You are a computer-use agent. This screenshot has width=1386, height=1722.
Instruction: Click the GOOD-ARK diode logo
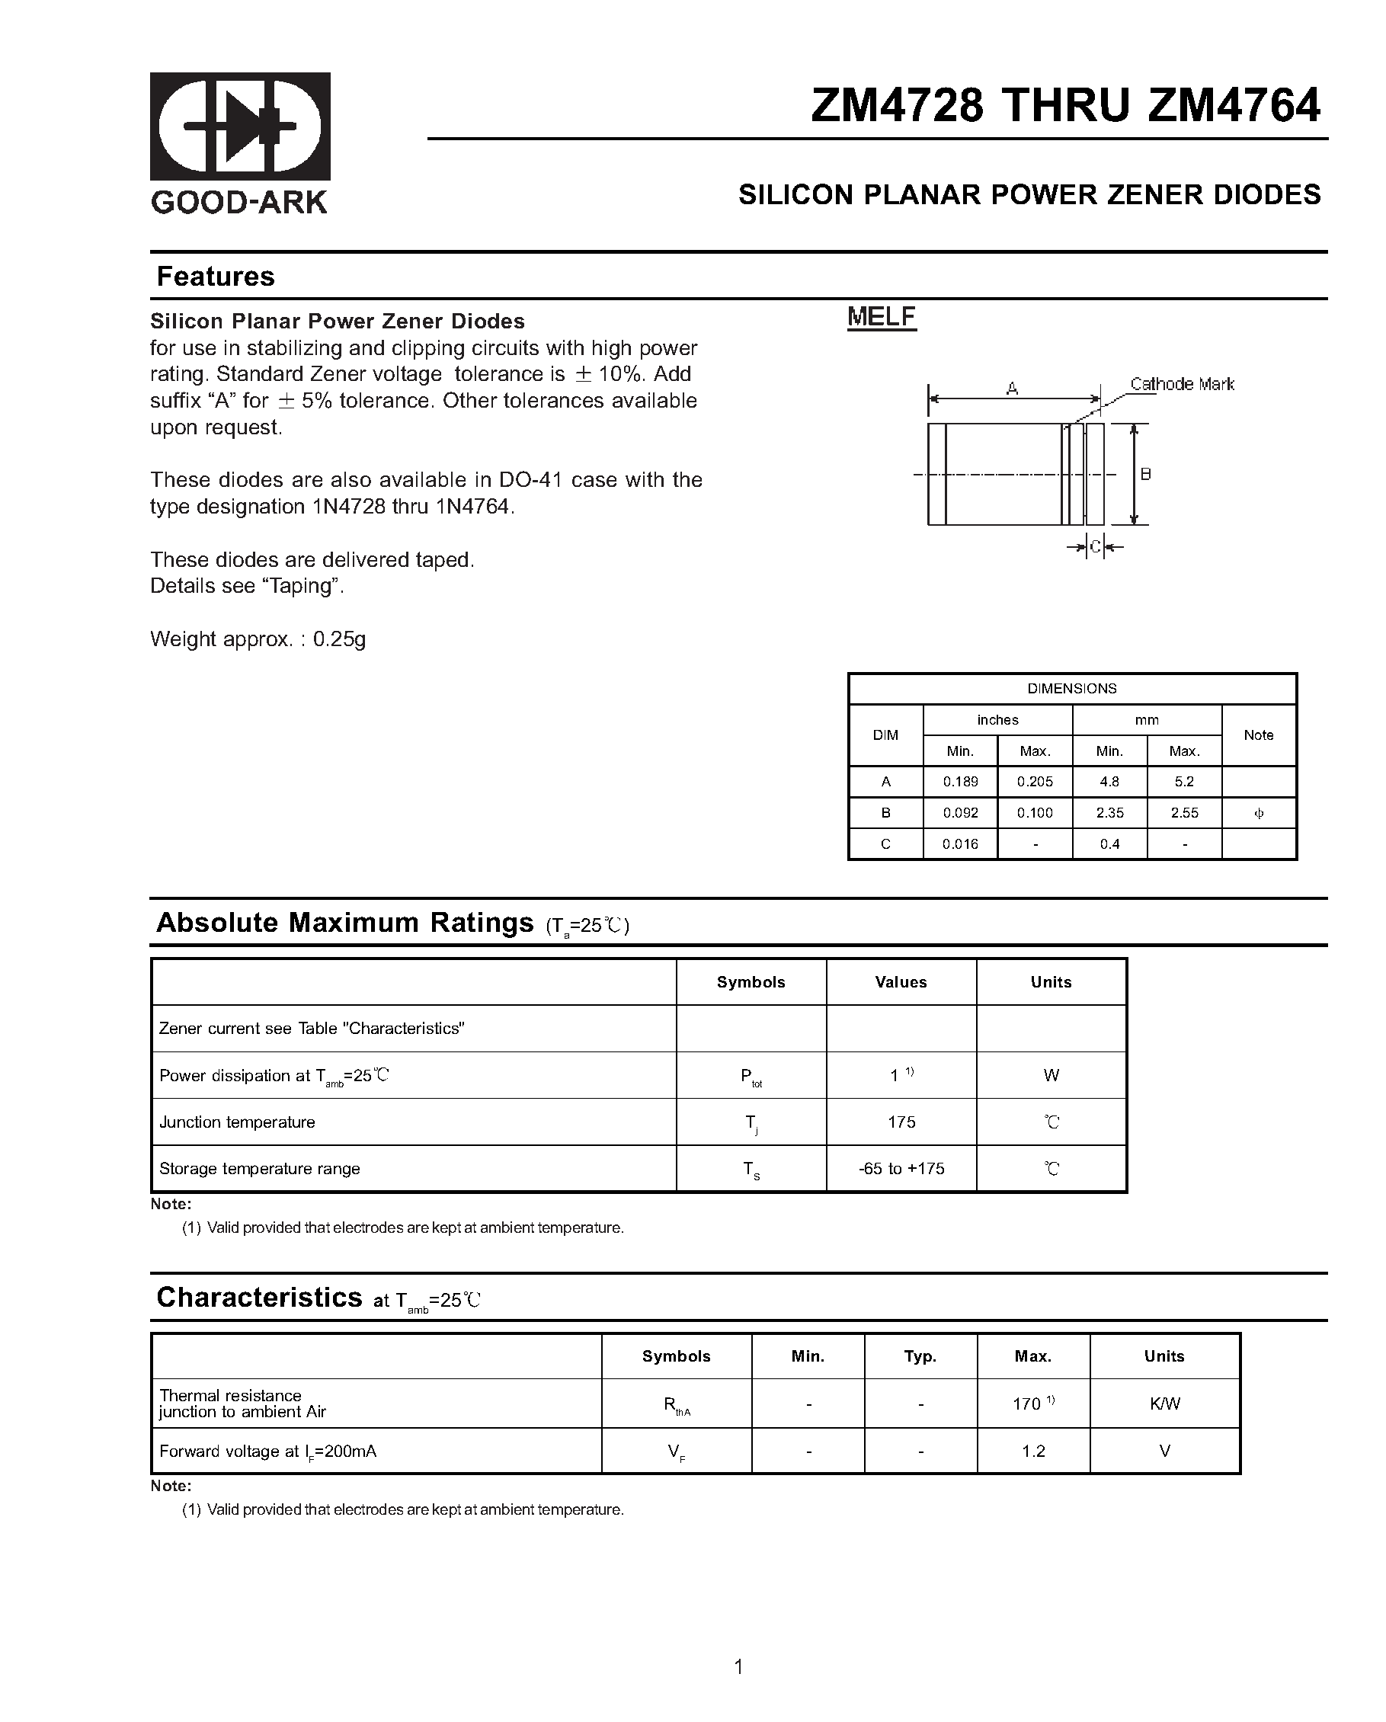[x=240, y=126]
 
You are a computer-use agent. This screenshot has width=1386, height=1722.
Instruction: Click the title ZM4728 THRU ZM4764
[x=1065, y=105]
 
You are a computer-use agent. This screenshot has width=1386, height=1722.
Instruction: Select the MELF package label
[x=881, y=317]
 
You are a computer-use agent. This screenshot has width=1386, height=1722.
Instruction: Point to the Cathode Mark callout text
[x=1182, y=384]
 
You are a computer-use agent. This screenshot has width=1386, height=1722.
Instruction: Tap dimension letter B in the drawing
[x=1145, y=475]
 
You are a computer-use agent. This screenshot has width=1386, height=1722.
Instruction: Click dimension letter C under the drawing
[x=1095, y=547]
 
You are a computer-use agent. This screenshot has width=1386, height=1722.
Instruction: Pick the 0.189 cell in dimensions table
[x=960, y=782]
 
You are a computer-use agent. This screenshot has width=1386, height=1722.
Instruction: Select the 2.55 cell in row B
[x=1184, y=813]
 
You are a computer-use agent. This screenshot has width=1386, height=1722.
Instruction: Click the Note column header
[x=1258, y=735]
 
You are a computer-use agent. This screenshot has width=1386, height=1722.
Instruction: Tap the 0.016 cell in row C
[x=960, y=844]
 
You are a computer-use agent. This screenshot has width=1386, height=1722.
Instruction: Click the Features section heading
[x=215, y=277]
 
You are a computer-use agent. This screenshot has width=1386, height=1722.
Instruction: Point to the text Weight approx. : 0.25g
[x=258, y=639]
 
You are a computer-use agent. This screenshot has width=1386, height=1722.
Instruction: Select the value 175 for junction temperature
[x=901, y=1122]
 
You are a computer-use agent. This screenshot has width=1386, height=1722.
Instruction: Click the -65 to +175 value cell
[x=901, y=1169]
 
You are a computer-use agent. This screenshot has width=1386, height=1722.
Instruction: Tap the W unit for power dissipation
[x=1051, y=1076]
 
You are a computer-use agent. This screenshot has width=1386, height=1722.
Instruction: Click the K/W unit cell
[x=1164, y=1404]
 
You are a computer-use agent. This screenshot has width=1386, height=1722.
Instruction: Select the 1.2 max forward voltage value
[x=1033, y=1452]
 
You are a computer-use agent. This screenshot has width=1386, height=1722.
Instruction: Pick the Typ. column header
[x=920, y=1356]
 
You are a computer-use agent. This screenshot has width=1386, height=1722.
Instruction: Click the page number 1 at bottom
[x=738, y=1667]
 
